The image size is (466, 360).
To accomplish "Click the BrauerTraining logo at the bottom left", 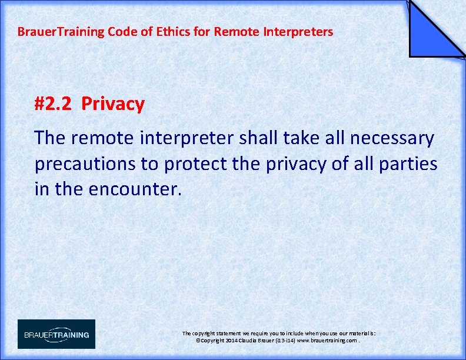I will coord(56,334).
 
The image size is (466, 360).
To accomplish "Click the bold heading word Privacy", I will coord(113,104).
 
